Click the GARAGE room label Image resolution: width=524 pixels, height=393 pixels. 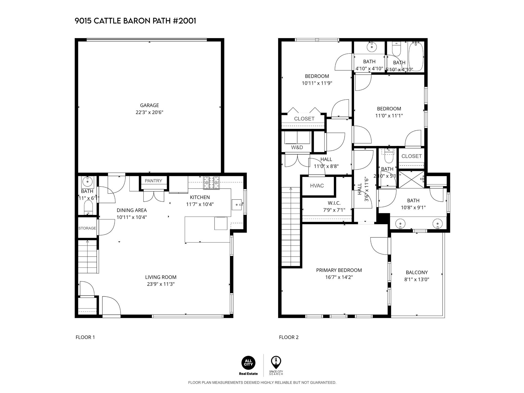149,105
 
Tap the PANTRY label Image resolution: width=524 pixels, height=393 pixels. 153,181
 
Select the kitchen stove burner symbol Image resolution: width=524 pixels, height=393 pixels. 211,183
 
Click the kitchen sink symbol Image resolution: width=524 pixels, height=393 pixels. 237,205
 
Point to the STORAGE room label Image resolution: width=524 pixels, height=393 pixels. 87,228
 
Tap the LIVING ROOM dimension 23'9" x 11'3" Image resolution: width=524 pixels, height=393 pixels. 161,284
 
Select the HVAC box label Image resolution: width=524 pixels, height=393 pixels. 317,186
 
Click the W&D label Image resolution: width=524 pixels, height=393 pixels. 297,147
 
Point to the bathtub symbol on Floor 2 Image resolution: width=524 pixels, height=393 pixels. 416,57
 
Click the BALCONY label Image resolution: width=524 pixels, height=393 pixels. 417,272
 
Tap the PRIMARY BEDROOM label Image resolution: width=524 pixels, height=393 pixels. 339,270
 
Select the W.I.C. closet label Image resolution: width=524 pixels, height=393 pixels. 334,203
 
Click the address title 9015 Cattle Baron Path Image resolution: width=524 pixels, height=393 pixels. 135,21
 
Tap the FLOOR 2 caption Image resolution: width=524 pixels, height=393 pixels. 289,337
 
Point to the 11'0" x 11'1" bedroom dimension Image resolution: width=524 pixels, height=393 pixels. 389,116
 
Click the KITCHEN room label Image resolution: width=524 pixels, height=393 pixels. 200,197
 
